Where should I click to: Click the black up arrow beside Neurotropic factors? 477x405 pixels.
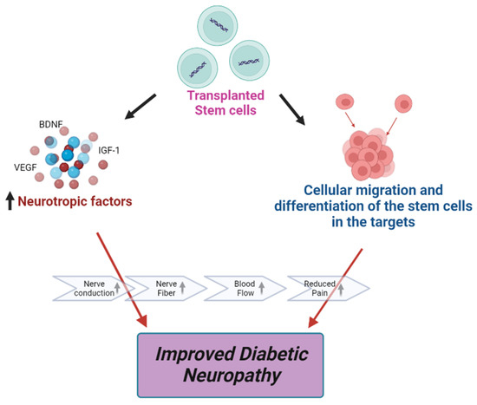[x=10, y=202]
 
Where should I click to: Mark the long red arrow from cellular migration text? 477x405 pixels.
[x=342, y=278]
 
